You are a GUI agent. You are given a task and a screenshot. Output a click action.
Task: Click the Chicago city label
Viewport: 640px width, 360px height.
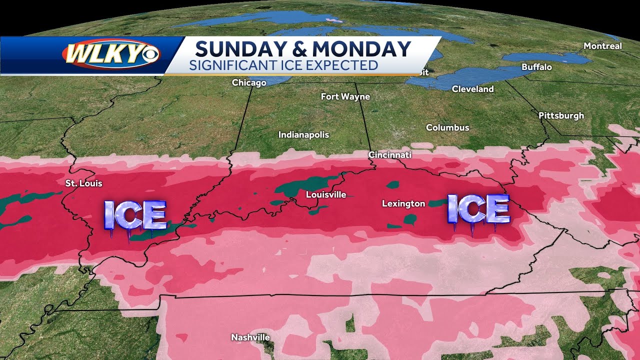(249, 82)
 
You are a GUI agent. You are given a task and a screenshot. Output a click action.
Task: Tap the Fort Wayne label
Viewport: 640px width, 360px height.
(345, 96)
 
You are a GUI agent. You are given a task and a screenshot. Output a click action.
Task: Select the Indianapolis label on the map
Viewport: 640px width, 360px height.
(303, 134)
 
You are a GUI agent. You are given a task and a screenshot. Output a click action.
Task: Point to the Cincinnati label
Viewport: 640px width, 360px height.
(390, 155)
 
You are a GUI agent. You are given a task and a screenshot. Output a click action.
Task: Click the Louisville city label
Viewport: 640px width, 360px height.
(326, 194)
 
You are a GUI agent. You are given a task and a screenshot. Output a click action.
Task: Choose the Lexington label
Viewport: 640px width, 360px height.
(403, 203)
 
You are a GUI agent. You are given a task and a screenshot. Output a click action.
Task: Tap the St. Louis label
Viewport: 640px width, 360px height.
(84, 183)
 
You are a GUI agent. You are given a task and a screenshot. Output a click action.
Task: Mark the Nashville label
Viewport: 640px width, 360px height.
(250, 337)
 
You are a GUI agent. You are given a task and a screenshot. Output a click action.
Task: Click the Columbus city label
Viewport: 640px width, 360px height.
(447, 127)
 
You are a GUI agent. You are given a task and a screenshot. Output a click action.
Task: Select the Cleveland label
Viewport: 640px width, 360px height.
(472, 89)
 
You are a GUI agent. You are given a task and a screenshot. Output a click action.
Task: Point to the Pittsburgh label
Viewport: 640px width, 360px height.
(561, 115)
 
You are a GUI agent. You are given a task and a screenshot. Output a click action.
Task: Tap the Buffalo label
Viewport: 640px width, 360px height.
(536, 66)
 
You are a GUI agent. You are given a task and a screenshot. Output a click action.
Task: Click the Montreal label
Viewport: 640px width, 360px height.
(603, 46)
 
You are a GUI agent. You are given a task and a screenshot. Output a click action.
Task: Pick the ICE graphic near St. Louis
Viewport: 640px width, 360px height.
(134, 215)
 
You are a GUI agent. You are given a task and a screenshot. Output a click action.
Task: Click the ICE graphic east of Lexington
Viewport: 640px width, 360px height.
(478, 209)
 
